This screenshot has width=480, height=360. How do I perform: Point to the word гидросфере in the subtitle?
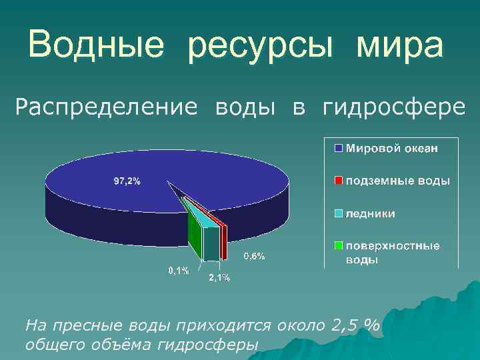coord(394,107)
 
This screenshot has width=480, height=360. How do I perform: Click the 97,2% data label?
coord(126,181)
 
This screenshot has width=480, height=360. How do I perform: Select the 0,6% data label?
coord(254,255)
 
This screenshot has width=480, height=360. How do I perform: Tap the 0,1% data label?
coord(178,271)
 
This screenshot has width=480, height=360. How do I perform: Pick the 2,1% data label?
coord(219,278)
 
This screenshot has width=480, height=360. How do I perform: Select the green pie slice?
coord(193,233)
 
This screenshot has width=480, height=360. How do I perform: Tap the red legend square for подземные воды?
coord(338,181)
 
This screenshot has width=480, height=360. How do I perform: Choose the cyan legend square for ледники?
coord(338,213)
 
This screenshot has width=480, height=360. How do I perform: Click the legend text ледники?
coord(369,213)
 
